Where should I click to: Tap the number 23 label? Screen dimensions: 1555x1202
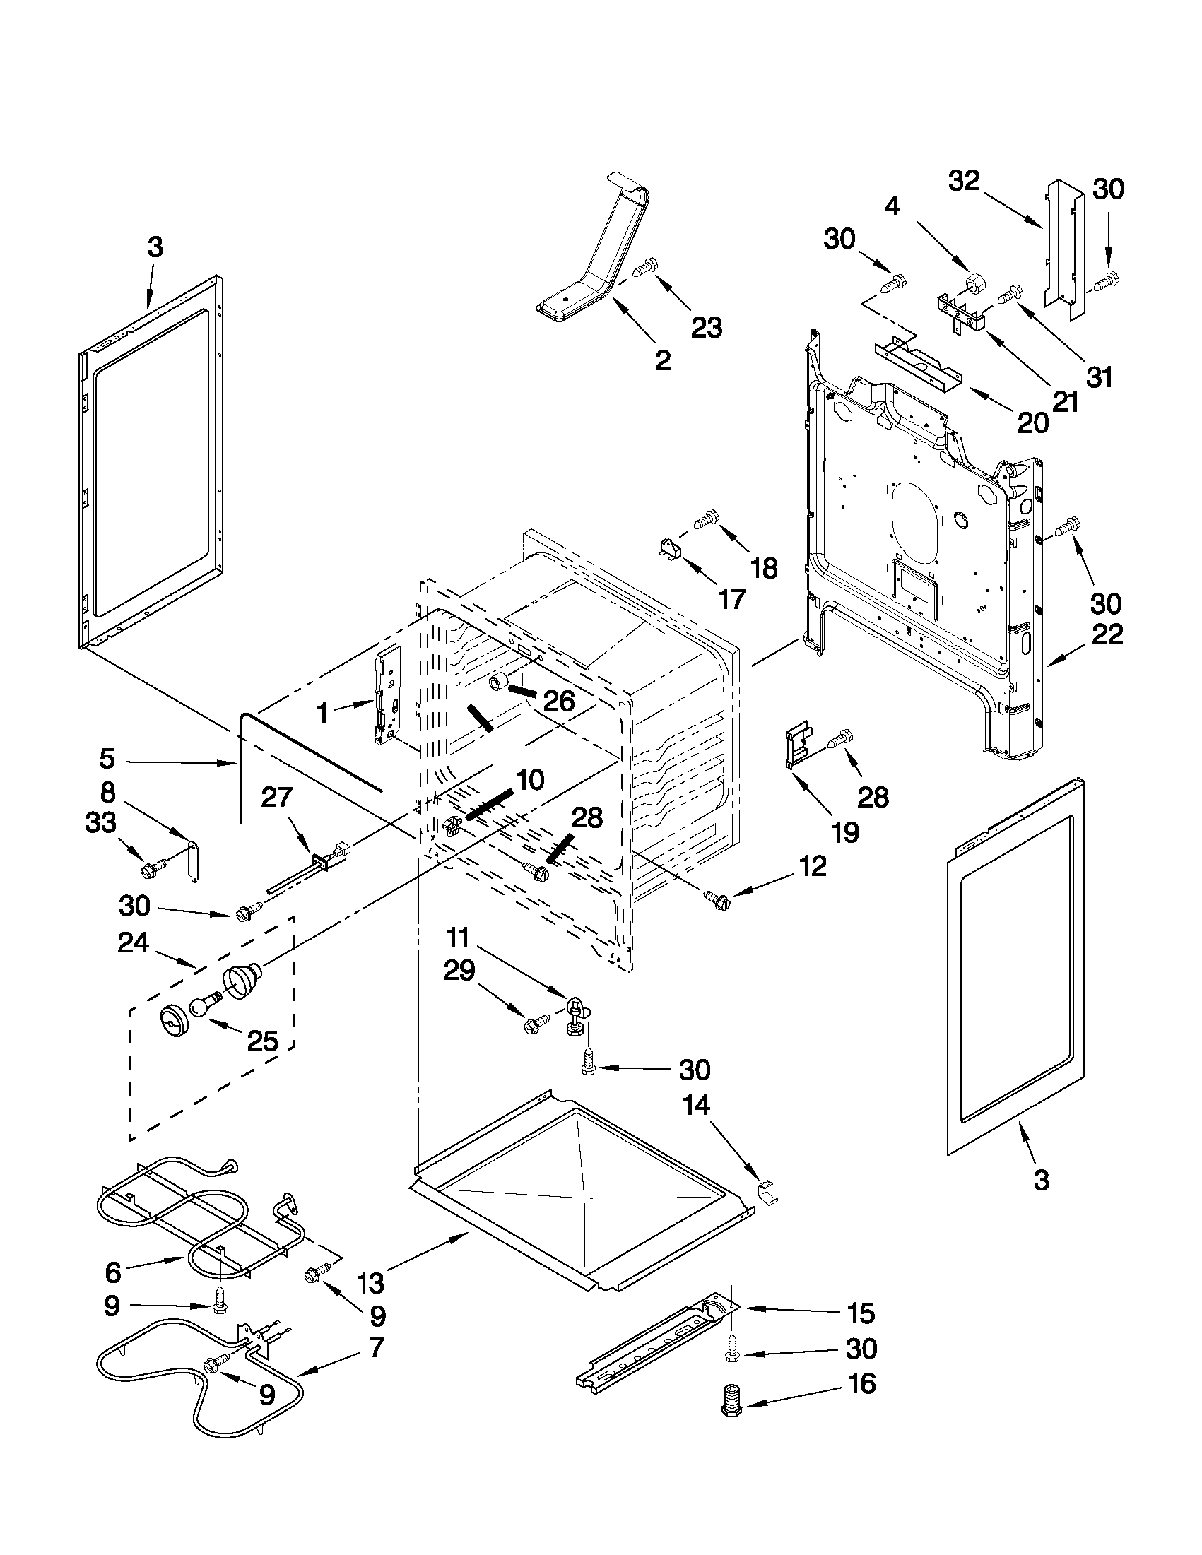(706, 329)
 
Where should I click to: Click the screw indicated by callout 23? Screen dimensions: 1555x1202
(644, 268)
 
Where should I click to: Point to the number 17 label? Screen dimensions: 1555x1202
(731, 599)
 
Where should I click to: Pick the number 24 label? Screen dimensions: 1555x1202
(132, 942)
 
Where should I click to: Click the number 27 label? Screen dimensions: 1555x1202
(276, 797)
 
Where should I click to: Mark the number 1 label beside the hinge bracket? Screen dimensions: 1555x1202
(322, 713)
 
